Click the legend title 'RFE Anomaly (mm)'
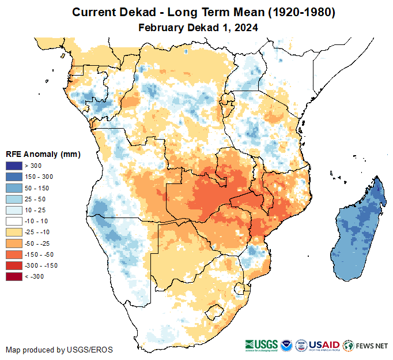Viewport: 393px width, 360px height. (x=43, y=155)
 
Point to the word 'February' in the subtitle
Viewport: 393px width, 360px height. (x=160, y=27)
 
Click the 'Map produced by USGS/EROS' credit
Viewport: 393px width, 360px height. (x=59, y=350)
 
